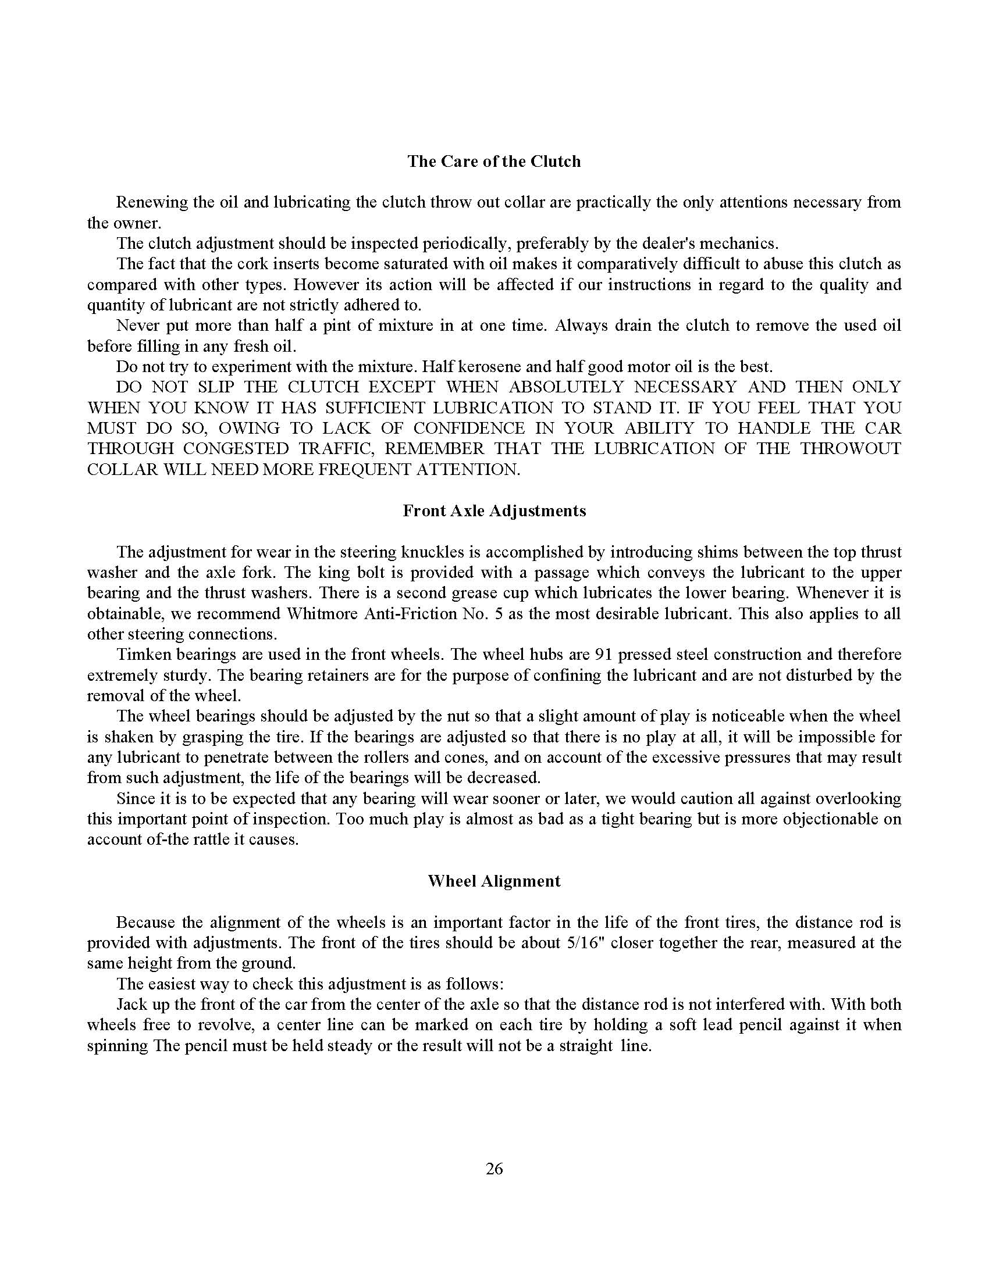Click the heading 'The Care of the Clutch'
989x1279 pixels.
pos(494,162)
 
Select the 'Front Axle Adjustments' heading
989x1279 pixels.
pos(494,510)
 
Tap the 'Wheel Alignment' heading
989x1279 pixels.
pos(494,881)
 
